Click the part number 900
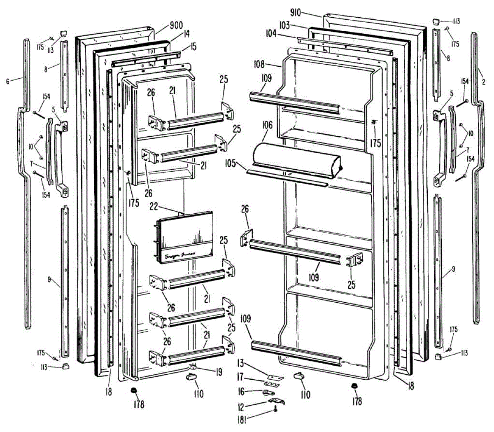click(x=176, y=26)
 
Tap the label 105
click(x=230, y=163)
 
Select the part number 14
click(x=187, y=35)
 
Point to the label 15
click(x=193, y=47)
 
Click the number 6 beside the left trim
click(x=7, y=82)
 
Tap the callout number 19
click(x=219, y=372)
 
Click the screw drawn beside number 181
click(x=274, y=409)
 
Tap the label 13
click(x=240, y=363)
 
